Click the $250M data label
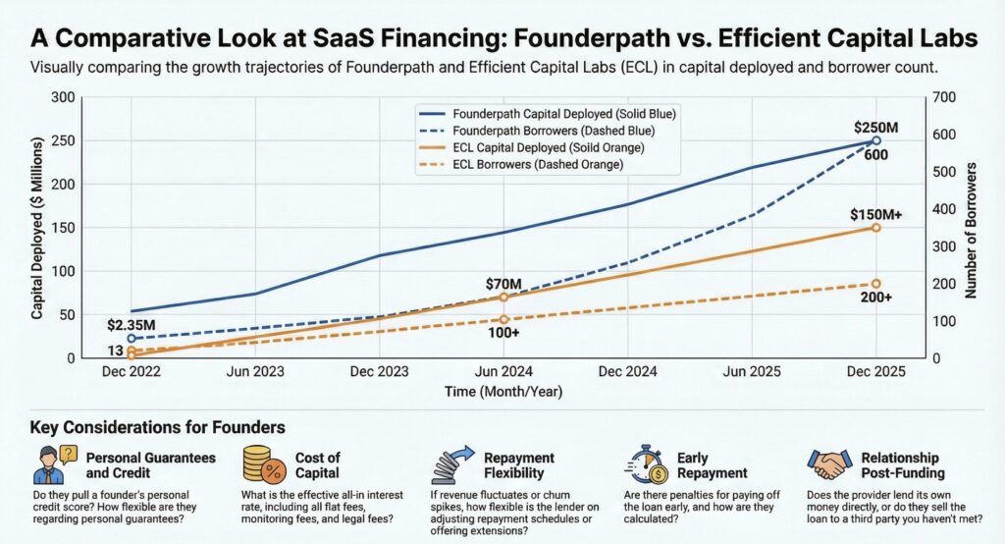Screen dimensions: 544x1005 [x=875, y=126]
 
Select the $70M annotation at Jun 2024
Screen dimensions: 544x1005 [x=503, y=285]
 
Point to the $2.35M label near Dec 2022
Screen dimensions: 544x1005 [x=131, y=323]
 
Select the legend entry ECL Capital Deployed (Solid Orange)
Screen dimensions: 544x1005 [x=555, y=148]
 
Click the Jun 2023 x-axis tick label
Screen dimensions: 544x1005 [x=254, y=374]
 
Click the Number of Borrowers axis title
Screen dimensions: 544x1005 [x=972, y=228]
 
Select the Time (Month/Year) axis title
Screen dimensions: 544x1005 [x=502, y=392]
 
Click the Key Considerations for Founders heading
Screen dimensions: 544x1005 [x=158, y=428]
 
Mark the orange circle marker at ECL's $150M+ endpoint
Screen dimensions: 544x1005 [x=876, y=227]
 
